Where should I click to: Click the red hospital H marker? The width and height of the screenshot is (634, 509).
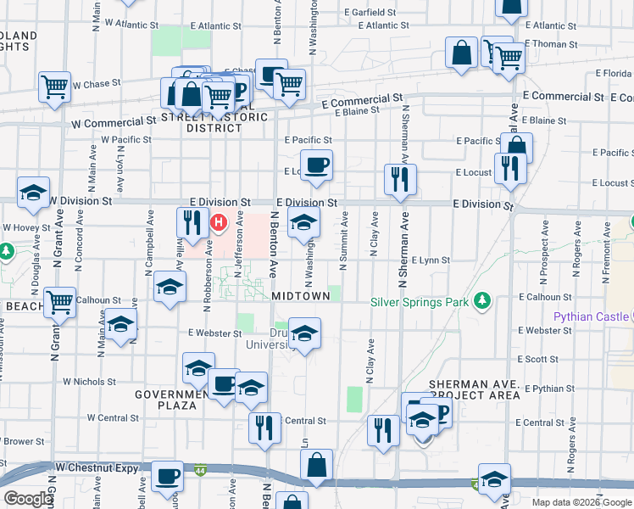coord(220,224)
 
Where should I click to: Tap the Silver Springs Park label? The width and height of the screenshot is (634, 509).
coord(421,301)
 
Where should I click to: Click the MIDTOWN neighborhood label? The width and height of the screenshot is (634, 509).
coord(300,295)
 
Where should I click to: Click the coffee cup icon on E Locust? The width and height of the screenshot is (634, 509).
coord(317,165)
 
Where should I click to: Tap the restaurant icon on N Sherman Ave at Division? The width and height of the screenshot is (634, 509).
coord(399,178)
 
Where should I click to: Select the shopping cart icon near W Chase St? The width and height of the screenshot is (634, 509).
coord(54,86)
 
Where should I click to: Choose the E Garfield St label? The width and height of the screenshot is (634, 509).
coord(370,13)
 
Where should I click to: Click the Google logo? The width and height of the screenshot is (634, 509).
coord(27,499)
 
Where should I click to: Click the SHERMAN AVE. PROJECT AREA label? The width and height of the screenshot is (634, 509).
coord(474,389)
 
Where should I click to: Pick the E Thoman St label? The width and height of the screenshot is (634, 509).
coord(551,43)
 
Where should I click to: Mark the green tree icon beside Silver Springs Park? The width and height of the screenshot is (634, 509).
coord(482,300)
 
